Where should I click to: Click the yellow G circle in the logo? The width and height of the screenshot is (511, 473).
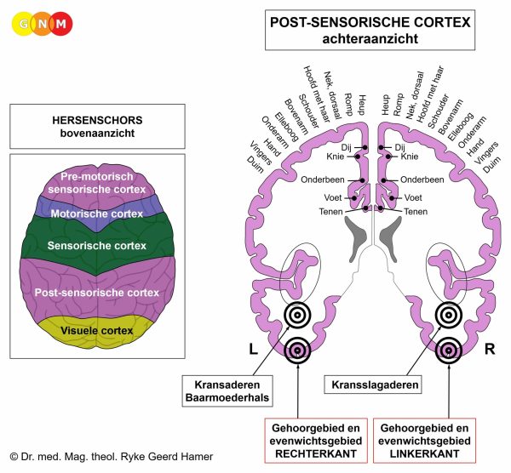click(23, 24)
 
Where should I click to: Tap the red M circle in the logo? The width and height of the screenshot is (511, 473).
click(61, 24)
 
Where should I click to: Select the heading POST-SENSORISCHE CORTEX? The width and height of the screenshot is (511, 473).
click(370, 22)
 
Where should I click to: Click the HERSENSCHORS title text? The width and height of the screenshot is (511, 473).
click(97, 120)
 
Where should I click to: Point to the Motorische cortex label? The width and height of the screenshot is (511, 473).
click(97, 214)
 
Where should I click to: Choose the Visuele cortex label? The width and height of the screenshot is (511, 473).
click(97, 331)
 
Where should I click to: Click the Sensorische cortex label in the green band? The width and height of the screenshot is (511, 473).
click(97, 246)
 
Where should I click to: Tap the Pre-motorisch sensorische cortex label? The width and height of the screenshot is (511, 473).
click(97, 183)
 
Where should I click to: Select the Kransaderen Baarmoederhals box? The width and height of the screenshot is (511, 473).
click(227, 391)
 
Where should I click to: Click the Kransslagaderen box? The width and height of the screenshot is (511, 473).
click(372, 385)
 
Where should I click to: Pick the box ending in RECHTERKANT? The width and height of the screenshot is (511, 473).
click(316, 441)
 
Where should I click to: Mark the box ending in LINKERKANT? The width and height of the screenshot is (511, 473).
click(424, 441)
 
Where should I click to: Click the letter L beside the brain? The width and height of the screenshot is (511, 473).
click(253, 350)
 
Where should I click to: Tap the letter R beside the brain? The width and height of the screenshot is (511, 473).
click(490, 350)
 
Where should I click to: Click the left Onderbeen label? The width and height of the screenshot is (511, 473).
click(323, 180)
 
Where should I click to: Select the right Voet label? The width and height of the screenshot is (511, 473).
click(413, 197)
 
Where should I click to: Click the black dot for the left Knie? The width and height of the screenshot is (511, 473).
click(358, 157)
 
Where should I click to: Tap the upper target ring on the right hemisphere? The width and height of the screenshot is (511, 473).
click(449, 315)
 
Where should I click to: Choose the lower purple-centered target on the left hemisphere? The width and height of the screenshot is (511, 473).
click(297, 350)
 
